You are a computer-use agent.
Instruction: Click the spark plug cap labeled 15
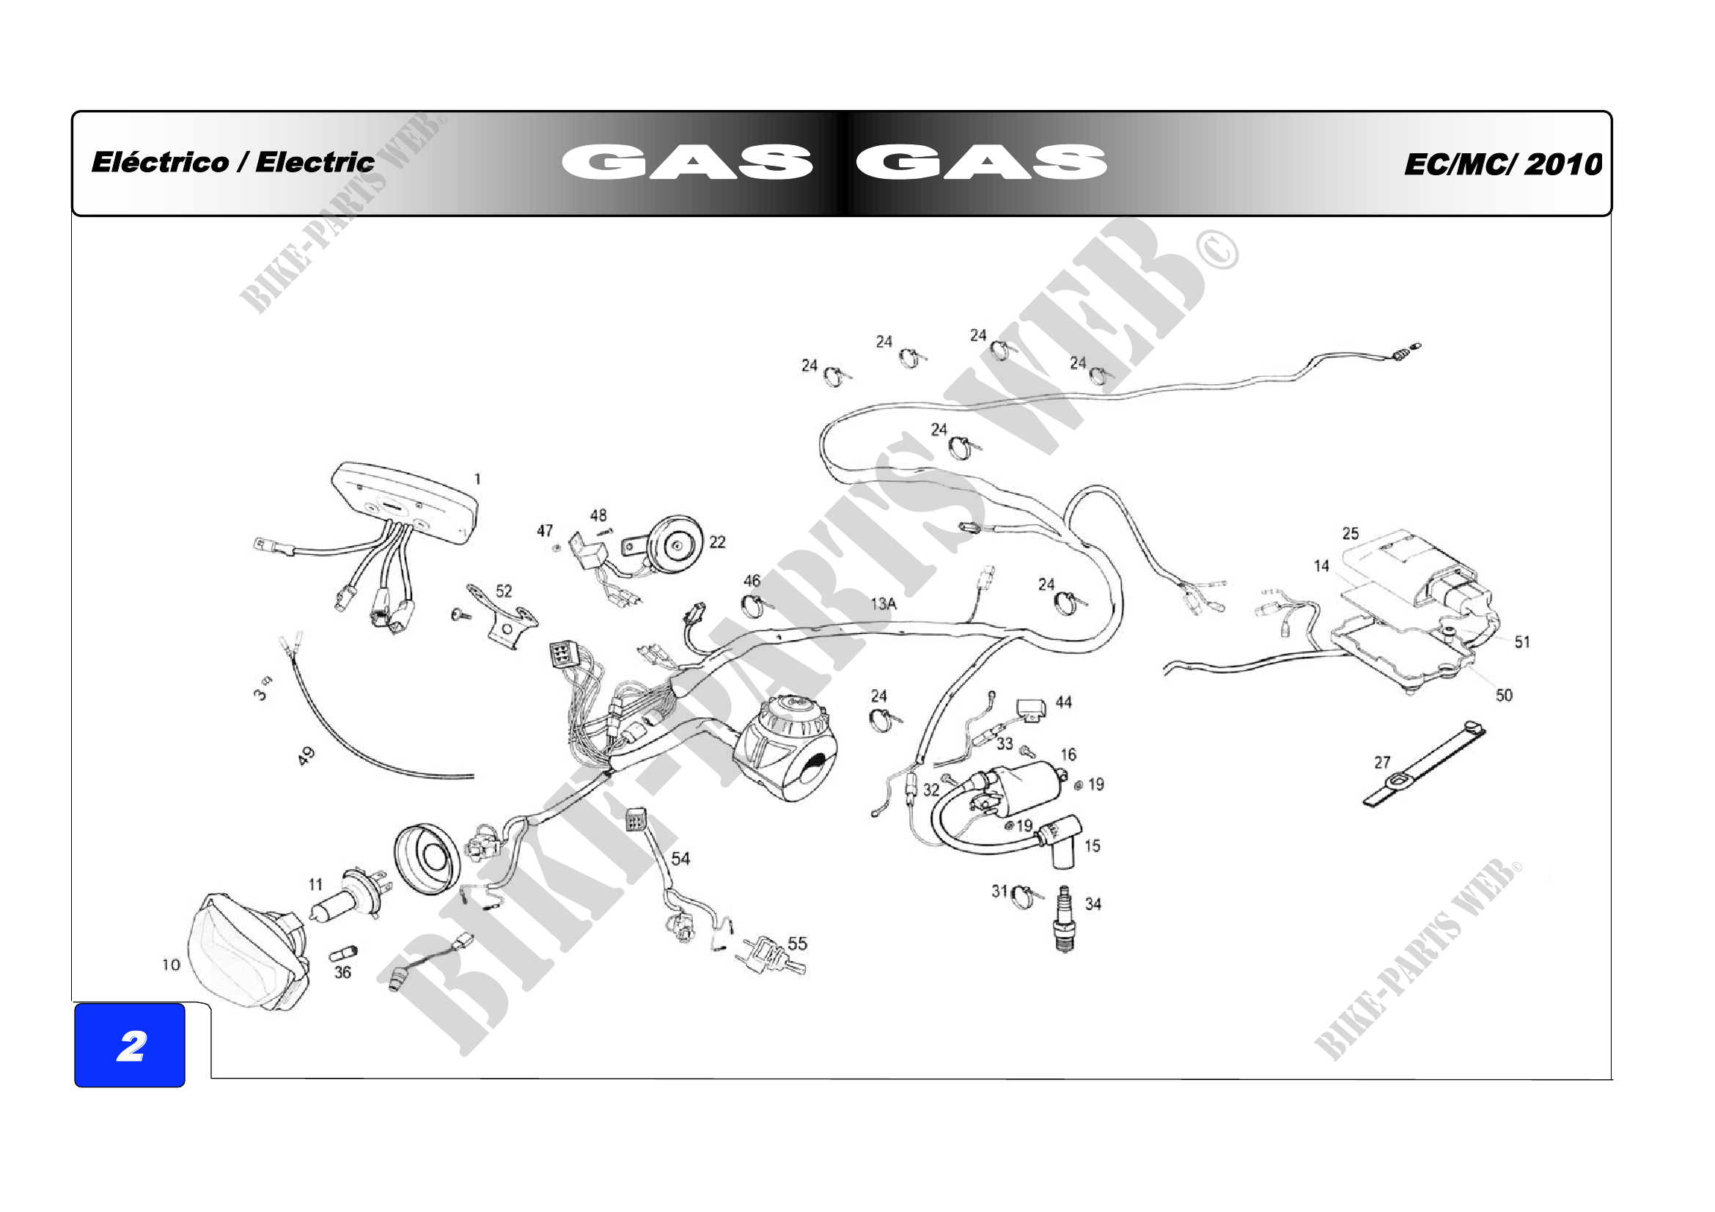point(1060,842)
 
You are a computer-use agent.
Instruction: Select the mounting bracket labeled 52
point(502,617)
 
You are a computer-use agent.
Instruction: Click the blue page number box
point(130,1045)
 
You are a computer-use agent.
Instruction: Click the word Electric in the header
point(315,162)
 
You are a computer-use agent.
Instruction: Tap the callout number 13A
point(884,603)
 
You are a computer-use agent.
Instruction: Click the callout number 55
point(798,943)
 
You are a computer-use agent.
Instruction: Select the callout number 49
point(306,756)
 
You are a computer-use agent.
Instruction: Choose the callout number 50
point(1504,695)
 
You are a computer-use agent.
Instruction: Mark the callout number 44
point(1064,702)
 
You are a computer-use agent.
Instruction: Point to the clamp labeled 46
point(752,606)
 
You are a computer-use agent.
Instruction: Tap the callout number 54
point(680,859)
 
